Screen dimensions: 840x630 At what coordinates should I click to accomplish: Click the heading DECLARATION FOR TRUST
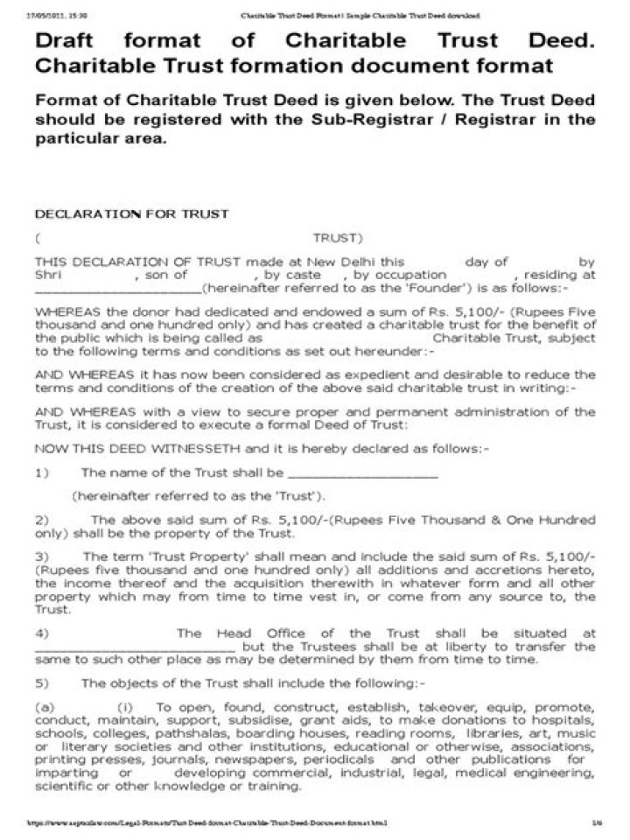tap(131, 213)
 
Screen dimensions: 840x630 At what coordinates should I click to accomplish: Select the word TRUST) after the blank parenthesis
tap(337, 237)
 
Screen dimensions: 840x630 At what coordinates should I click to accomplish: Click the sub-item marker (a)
tap(45, 706)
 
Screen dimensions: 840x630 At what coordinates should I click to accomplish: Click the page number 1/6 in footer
tap(597, 823)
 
